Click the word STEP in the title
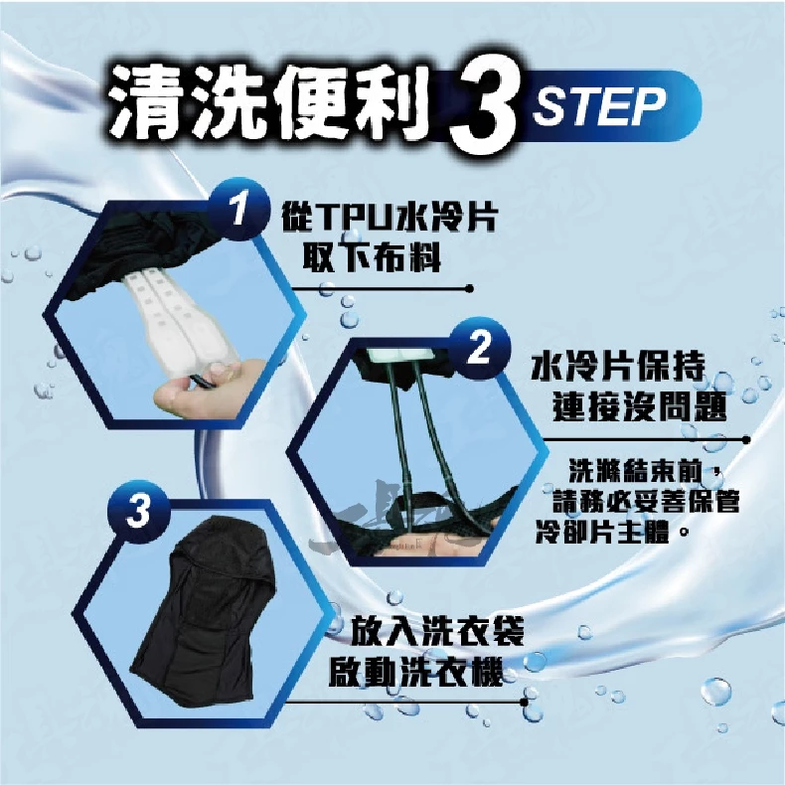(599, 106)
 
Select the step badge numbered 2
(480, 348)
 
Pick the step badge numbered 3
(138, 511)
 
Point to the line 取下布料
(372, 258)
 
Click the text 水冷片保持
(618, 367)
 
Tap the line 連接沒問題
(639, 406)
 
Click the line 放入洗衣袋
(436, 632)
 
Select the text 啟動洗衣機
(415, 673)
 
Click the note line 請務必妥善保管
(646, 501)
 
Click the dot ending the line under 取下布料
(469, 289)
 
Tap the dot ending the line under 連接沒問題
(746, 440)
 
